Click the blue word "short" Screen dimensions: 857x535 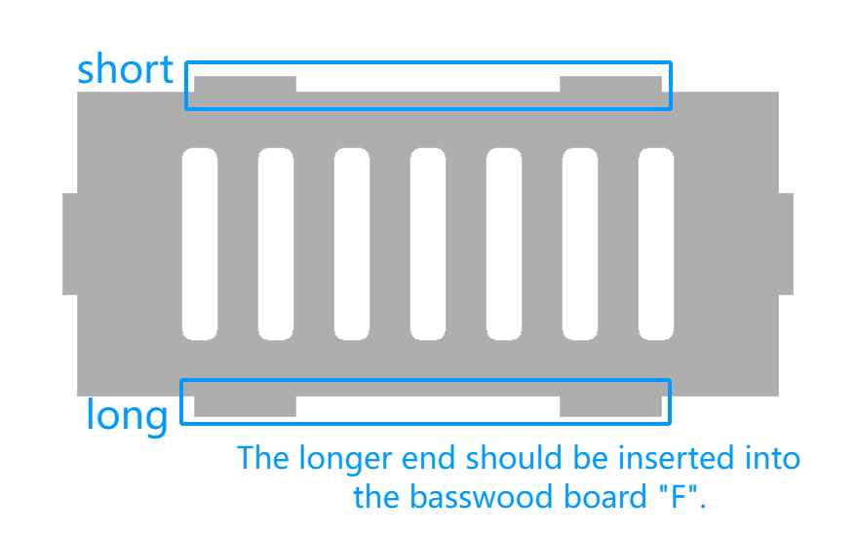coord(125,69)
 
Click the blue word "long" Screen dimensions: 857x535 coord(127,416)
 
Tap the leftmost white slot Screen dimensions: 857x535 coord(200,244)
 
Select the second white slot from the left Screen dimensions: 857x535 coord(276,244)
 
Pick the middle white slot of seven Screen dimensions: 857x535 coord(428,244)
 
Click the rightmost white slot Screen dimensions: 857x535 coord(656,244)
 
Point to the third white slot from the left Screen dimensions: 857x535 coord(352,244)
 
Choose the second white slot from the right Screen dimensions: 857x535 coord(580,244)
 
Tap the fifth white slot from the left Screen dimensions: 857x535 coord(504,244)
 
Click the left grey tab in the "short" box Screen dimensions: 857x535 coord(245,84)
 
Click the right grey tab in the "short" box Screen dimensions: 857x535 coord(610,84)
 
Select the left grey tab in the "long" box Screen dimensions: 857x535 coord(245,406)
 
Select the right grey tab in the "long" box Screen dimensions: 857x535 coord(610,406)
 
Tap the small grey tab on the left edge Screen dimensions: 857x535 coord(70,244)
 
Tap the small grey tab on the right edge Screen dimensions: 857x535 coord(786,244)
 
